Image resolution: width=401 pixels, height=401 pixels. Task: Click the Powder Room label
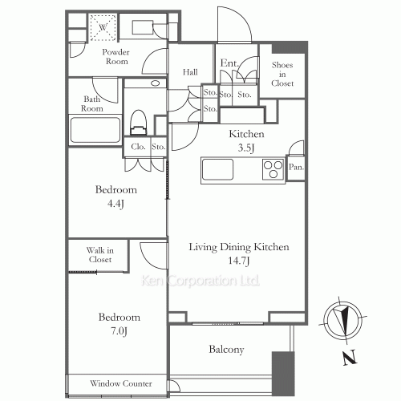coord(115,56)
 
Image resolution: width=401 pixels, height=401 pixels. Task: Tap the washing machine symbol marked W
coord(102,27)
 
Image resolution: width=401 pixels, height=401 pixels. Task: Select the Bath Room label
coord(93,104)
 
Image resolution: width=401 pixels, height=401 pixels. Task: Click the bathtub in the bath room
coord(95,130)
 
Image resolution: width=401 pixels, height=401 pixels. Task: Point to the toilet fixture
coord(138,122)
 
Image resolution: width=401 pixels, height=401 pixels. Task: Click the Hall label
coord(190,72)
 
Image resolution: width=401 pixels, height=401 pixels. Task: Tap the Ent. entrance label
coord(229,63)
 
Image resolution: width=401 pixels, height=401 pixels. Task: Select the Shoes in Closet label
coord(282,74)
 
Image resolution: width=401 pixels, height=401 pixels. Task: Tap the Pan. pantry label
coord(295,167)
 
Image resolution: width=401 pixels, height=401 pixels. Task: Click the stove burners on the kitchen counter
coord(273,170)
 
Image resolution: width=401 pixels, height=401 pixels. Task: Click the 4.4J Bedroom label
coord(116,196)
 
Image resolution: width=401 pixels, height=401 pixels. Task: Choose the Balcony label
coord(226,350)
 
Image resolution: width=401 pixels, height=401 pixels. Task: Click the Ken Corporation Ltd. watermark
coord(200,282)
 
